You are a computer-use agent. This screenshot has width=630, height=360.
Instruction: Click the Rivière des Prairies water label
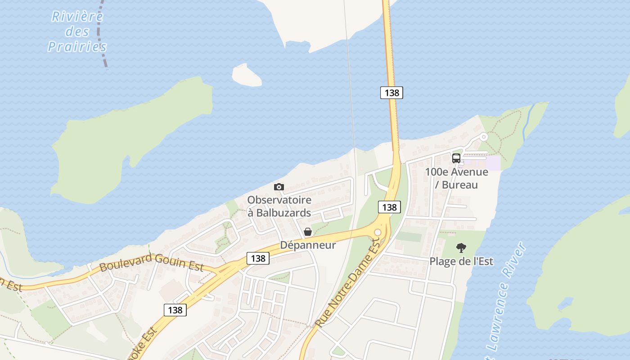[77, 31]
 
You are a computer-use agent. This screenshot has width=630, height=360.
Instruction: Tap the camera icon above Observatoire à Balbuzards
[279, 187]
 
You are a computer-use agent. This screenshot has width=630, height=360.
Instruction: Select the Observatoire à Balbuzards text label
[279, 206]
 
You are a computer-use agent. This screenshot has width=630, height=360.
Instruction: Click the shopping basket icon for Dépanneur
[308, 232]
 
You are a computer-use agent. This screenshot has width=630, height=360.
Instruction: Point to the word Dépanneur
[308, 245]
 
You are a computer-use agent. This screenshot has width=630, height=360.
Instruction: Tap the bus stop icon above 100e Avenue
[456, 158]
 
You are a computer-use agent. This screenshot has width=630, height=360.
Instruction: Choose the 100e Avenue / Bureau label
[456, 178]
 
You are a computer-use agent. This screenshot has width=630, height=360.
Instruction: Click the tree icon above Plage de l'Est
[461, 247]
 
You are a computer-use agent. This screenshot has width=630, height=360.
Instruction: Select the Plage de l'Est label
[461, 261]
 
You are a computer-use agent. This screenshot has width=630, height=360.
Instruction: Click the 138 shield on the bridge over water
[391, 93]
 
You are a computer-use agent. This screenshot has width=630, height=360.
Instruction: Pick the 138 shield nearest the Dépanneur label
[258, 258]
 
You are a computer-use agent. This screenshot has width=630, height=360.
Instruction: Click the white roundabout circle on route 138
[378, 232]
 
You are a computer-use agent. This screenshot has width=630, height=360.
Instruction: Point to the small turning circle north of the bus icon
[484, 137]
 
